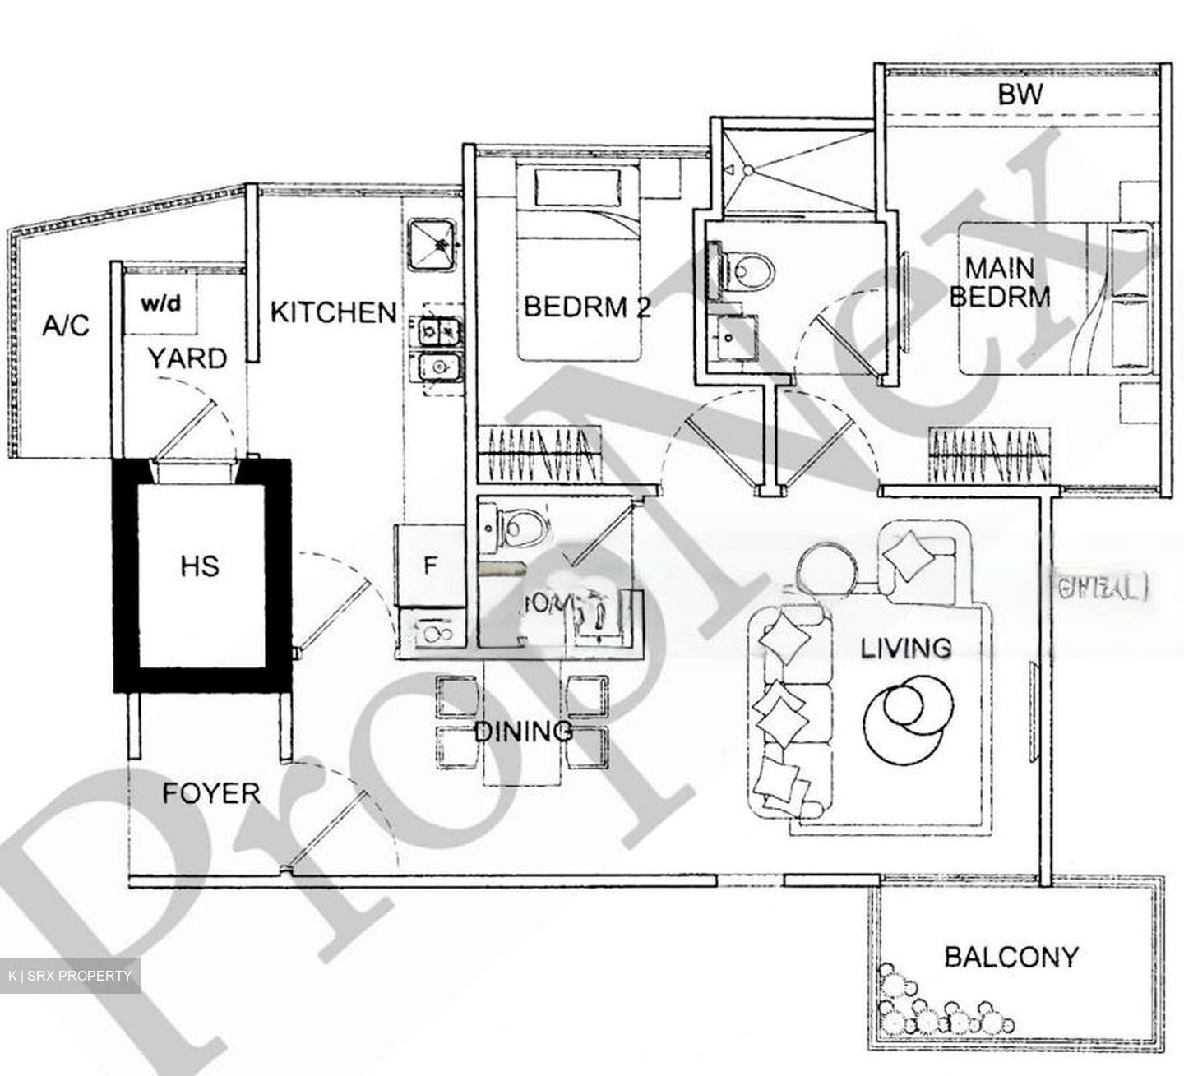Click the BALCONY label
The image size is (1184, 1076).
click(x=1011, y=957)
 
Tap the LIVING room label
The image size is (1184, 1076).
click(x=906, y=648)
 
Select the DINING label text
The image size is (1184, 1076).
click(x=524, y=730)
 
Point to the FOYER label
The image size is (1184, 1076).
click(x=211, y=793)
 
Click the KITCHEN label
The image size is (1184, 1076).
click(x=333, y=312)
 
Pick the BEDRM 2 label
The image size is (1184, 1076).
click(x=587, y=307)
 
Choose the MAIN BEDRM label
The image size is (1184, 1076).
click(x=1000, y=282)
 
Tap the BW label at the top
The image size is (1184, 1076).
click(x=1020, y=94)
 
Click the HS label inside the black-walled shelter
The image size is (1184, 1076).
click(x=201, y=566)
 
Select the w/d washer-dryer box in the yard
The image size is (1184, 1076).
click(x=161, y=305)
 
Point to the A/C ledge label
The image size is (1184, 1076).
click(x=65, y=326)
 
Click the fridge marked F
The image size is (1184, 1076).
click(x=429, y=566)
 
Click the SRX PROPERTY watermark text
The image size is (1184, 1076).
click(x=70, y=976)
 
